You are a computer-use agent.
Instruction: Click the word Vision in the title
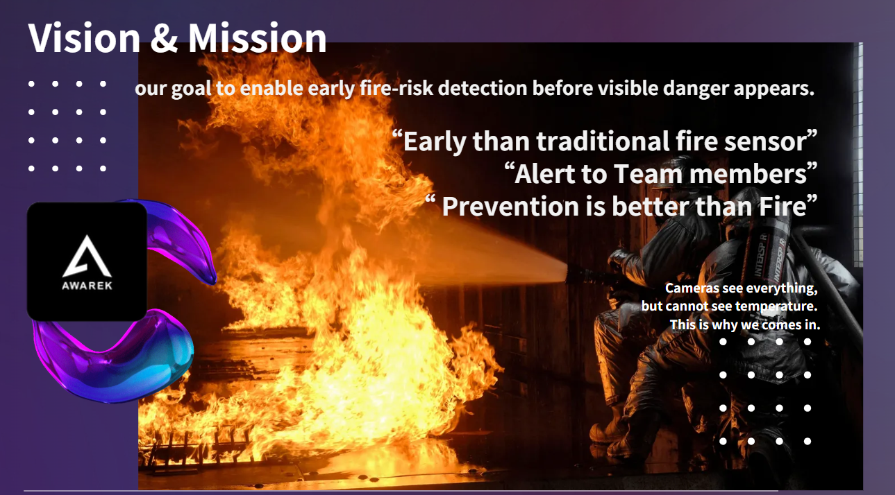coord(84,38)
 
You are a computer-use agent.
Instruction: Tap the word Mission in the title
coord(258,38)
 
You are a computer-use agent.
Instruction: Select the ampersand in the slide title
coord(165,38)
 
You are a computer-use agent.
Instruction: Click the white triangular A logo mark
coord(87,256)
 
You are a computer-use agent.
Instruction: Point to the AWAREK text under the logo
coord(87,286)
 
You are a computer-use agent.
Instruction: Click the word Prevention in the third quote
coord(510,207)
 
